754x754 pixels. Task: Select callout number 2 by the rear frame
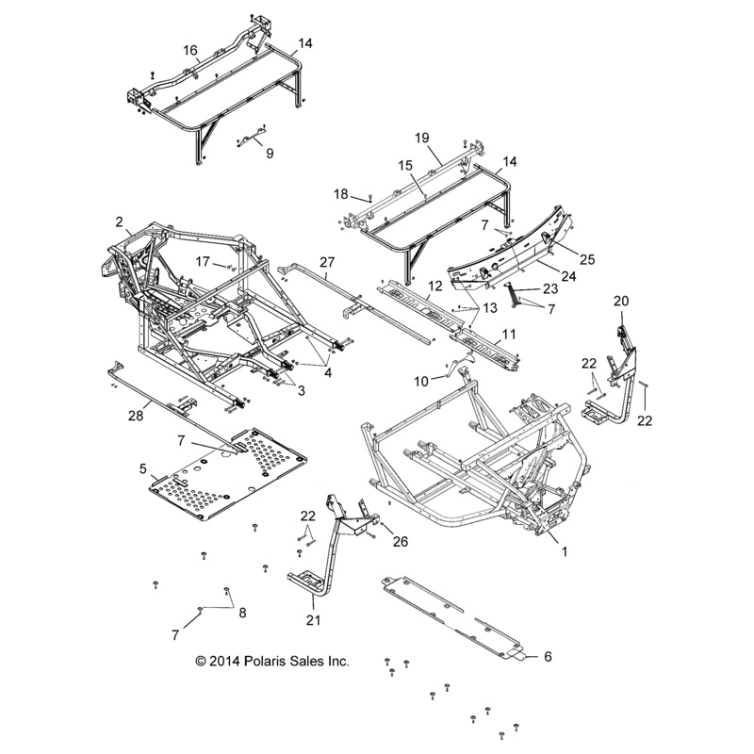click(x=120, y=221)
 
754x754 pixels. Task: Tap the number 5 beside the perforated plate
click(x=142, y=467)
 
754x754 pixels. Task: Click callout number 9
click(x=244, y=153)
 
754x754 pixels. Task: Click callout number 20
click(x=621, y=301)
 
